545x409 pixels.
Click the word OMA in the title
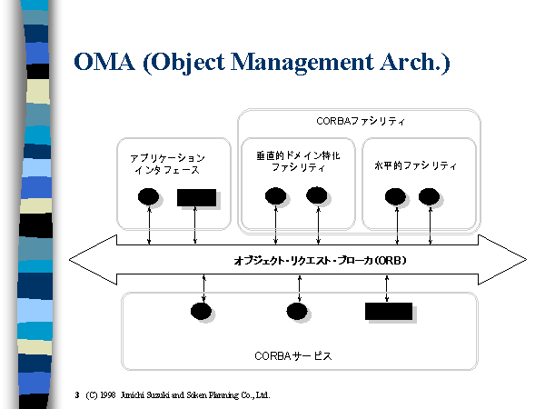click(x=104, y=62)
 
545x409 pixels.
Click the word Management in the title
click(x=302, y=63)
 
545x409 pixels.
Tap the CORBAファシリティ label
click(x=361, y=121)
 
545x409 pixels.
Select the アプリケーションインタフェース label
click(x=167, y=164)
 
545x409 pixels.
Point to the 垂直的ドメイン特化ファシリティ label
click(x=298, y=162)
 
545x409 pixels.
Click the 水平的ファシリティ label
click(x=415, y=165)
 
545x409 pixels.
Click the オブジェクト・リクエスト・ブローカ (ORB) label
click(x=320, y=261)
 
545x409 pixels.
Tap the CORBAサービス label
click(x=293, y=355)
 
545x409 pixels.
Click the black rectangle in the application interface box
click(x=196, y=197)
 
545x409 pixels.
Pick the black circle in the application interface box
click(x=148, y=197)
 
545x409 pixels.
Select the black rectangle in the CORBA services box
click(x=389, y=311)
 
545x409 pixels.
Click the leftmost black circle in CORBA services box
click(x=201, y=311)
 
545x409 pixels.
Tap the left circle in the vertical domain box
click(x=275, y=195)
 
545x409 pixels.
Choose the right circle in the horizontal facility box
click(x=429, y=196)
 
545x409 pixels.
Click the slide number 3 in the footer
click(x=77, y=395)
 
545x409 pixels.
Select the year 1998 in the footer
click(x=108, y=395)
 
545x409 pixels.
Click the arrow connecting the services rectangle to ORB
click(x=387, y=289)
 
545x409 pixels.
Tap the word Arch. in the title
click(x=415, y=63)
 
